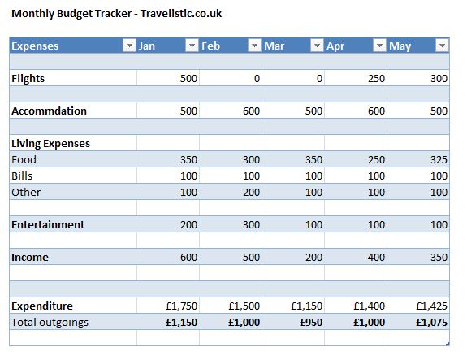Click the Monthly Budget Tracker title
pos(117,14)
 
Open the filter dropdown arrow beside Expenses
pos(128,46)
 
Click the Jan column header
pos(147,46)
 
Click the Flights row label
pos(28,79)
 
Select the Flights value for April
pos(375,79)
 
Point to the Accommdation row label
pos(49,111)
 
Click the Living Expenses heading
pos(50,144)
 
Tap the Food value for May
pos(439,160)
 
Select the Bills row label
pos(22,176)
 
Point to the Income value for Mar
pos(313,258)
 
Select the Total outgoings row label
pos(50,323)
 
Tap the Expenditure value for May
pos(431,306)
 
